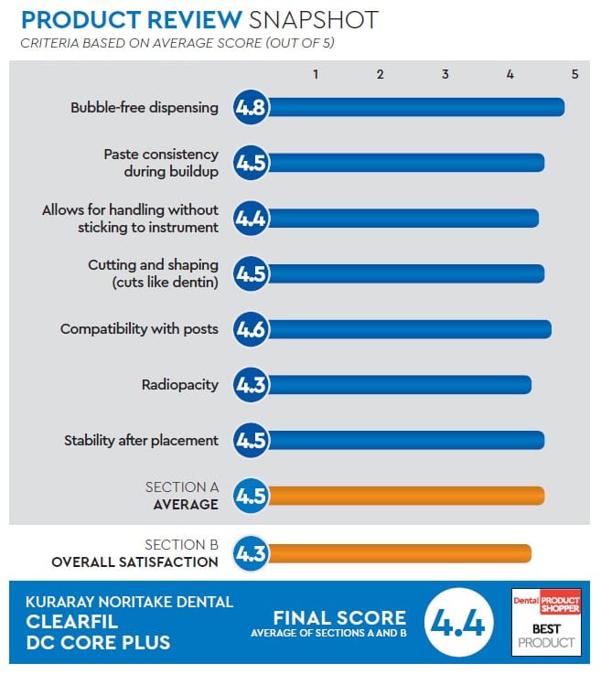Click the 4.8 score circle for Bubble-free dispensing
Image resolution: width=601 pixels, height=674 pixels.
point(251,107)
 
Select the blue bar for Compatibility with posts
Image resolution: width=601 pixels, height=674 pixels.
point(408,329)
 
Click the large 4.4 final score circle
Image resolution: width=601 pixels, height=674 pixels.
point(460,626)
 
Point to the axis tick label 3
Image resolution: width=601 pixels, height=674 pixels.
point(445,74)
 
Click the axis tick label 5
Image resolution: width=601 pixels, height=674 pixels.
point(574,74)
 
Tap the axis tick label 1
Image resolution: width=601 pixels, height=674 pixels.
point(315,74)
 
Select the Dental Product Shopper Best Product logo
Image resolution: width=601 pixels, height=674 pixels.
point(545,619)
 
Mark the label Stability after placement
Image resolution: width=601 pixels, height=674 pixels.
point(141,440)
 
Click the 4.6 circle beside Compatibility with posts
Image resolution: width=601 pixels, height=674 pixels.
point(251,329)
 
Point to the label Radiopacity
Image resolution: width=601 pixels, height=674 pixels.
point(179,385)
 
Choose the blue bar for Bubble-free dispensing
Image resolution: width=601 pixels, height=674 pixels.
point(415,107)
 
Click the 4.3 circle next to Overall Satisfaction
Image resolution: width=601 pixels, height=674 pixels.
point(251,552)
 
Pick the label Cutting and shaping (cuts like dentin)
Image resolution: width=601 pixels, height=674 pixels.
point(153,273)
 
